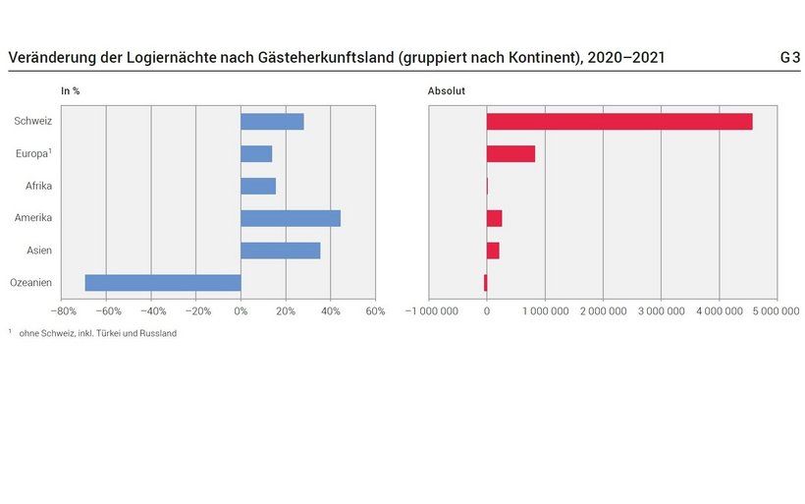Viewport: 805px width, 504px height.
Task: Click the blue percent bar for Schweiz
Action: [x=272, y=122]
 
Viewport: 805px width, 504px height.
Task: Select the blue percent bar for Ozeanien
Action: [x=163, y=283]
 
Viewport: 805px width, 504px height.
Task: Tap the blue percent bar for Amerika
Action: [x=291, y=218]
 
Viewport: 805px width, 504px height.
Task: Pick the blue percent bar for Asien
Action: [x=280, y=251]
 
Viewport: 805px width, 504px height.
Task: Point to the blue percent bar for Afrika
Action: [x=258, y=186]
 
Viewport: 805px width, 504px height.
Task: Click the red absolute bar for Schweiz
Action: [x=619, y=122]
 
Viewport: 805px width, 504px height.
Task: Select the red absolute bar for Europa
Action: [x=510, y=153]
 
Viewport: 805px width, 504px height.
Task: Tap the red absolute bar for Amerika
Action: [x=494, y=218]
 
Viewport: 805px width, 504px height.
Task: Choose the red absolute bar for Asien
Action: [x=493, y=251]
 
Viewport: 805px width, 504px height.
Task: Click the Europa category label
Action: [x=33, y=153]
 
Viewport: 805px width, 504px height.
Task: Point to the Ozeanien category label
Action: [x=30, y=283]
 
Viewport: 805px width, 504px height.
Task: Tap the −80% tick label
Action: [x=61, y=311]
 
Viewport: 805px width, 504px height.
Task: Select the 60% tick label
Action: [x=375, y=311]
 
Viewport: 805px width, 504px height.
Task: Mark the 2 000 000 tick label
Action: [x=603, y=311]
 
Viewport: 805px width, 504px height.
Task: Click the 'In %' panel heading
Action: [x=71, y=91]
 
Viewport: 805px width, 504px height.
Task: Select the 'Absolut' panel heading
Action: [x=447, y=91]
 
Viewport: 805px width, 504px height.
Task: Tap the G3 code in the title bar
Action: [x=789, y=58]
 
